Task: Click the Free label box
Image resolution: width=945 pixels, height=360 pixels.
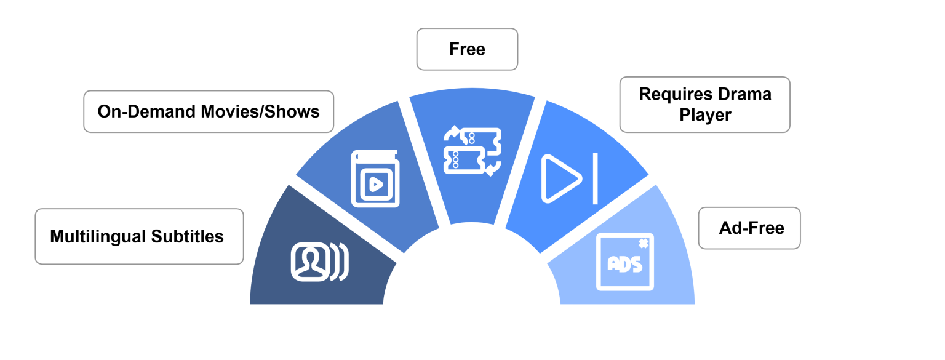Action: coord(467,49)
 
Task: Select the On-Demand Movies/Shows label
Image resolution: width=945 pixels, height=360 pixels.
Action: coord(209,111)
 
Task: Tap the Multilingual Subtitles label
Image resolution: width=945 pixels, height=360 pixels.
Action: coord(139,236)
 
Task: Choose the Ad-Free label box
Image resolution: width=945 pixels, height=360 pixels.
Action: coord(749,228)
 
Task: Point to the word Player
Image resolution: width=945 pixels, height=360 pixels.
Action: coord(705,115)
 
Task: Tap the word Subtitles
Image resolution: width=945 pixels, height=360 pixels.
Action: coord(187,236)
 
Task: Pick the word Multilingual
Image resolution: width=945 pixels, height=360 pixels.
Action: coord(98,237)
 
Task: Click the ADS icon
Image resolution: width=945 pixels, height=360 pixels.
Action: coord(625,262)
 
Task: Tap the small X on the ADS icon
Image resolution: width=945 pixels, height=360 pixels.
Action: coord(644,244)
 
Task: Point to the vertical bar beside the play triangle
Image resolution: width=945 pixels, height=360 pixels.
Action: coord(596,178)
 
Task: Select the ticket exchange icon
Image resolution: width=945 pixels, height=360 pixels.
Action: coord(472,151)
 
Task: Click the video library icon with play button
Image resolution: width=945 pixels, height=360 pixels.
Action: coord(375,178)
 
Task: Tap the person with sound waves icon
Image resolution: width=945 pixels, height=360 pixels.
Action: coord(319,262)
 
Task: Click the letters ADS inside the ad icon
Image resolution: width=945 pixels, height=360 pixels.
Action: coord(625,265)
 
